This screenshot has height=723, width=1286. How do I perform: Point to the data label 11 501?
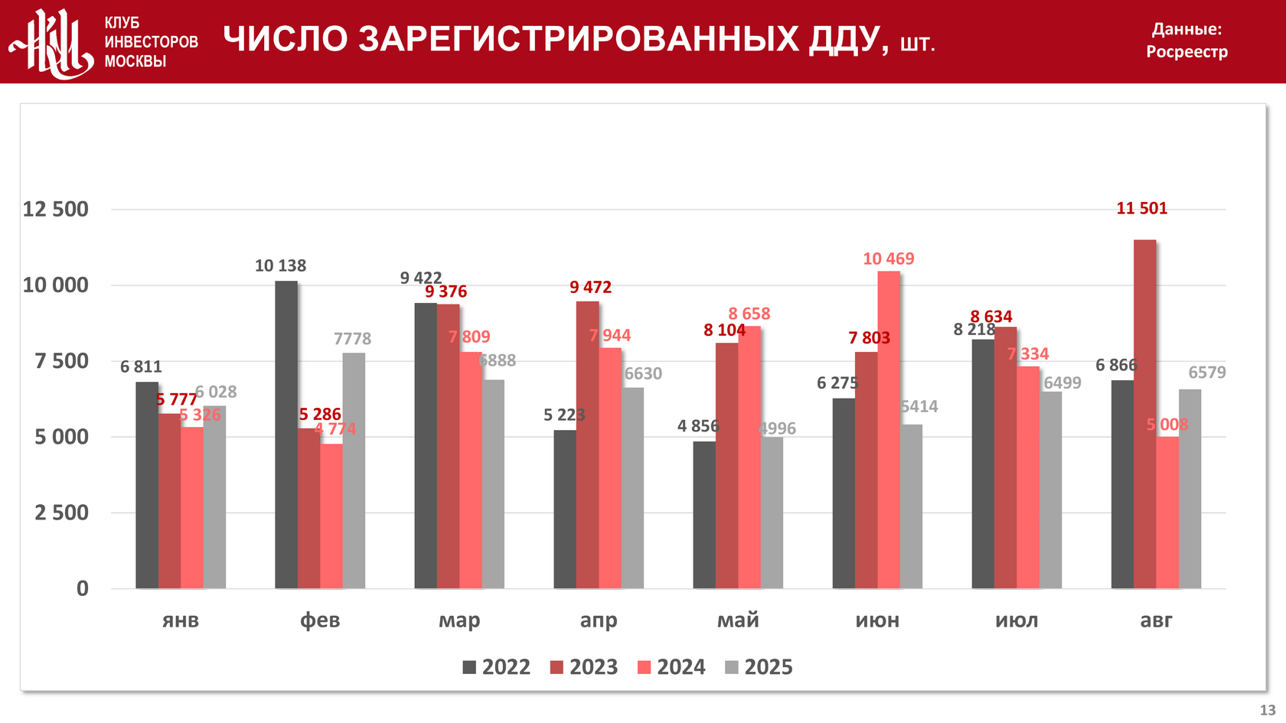coord(1141,208)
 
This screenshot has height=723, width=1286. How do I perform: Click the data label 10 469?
coord(888,259)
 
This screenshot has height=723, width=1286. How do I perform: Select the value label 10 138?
coord(280,265)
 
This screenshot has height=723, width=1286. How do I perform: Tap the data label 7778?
coord(352,338)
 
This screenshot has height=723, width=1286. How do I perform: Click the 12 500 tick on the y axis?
coord(56,209)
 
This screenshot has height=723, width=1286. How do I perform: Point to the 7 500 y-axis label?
coord(61,361)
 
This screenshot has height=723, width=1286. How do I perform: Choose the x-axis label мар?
coord(459,620)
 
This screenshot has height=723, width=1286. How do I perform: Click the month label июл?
coord(1017,620)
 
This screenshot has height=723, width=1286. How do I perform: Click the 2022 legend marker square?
coord(469,667)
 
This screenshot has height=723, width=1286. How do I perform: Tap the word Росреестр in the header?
coord(1186,52)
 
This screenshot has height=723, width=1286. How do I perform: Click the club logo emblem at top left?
coord(51,43)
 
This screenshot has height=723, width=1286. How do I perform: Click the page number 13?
coord(1268,710)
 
